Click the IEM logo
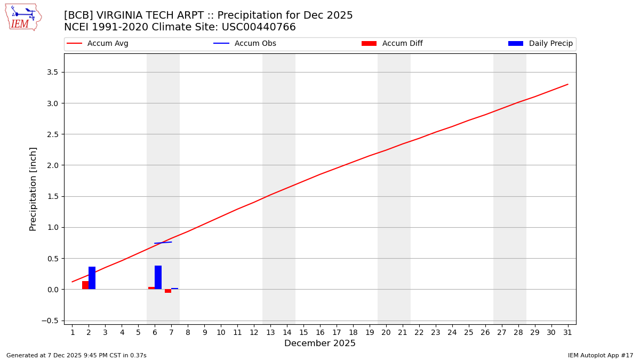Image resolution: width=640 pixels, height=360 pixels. pos(23,17)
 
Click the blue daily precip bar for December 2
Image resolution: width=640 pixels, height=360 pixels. pos(92,278)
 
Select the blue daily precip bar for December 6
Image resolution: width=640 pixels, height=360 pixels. pos(158,277)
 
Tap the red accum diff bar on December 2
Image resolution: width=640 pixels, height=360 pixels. pos(85,285)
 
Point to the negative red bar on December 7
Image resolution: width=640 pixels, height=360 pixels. pos(168,291)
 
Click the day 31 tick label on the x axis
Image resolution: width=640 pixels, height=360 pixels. pos(567,333)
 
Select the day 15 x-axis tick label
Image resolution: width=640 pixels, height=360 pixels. pos(303,333)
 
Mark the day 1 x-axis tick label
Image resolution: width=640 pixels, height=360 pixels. pos(73,333)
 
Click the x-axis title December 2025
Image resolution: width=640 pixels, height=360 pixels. pos(320,343)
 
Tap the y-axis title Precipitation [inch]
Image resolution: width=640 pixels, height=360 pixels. pos(33,189)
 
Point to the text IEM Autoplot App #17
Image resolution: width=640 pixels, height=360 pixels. pos(601,355)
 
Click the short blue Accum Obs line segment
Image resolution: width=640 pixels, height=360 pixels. pos(163,243)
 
